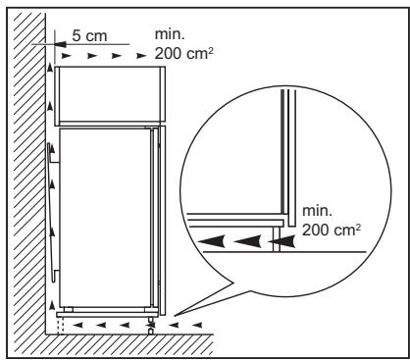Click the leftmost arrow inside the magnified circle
click(212, 238)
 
